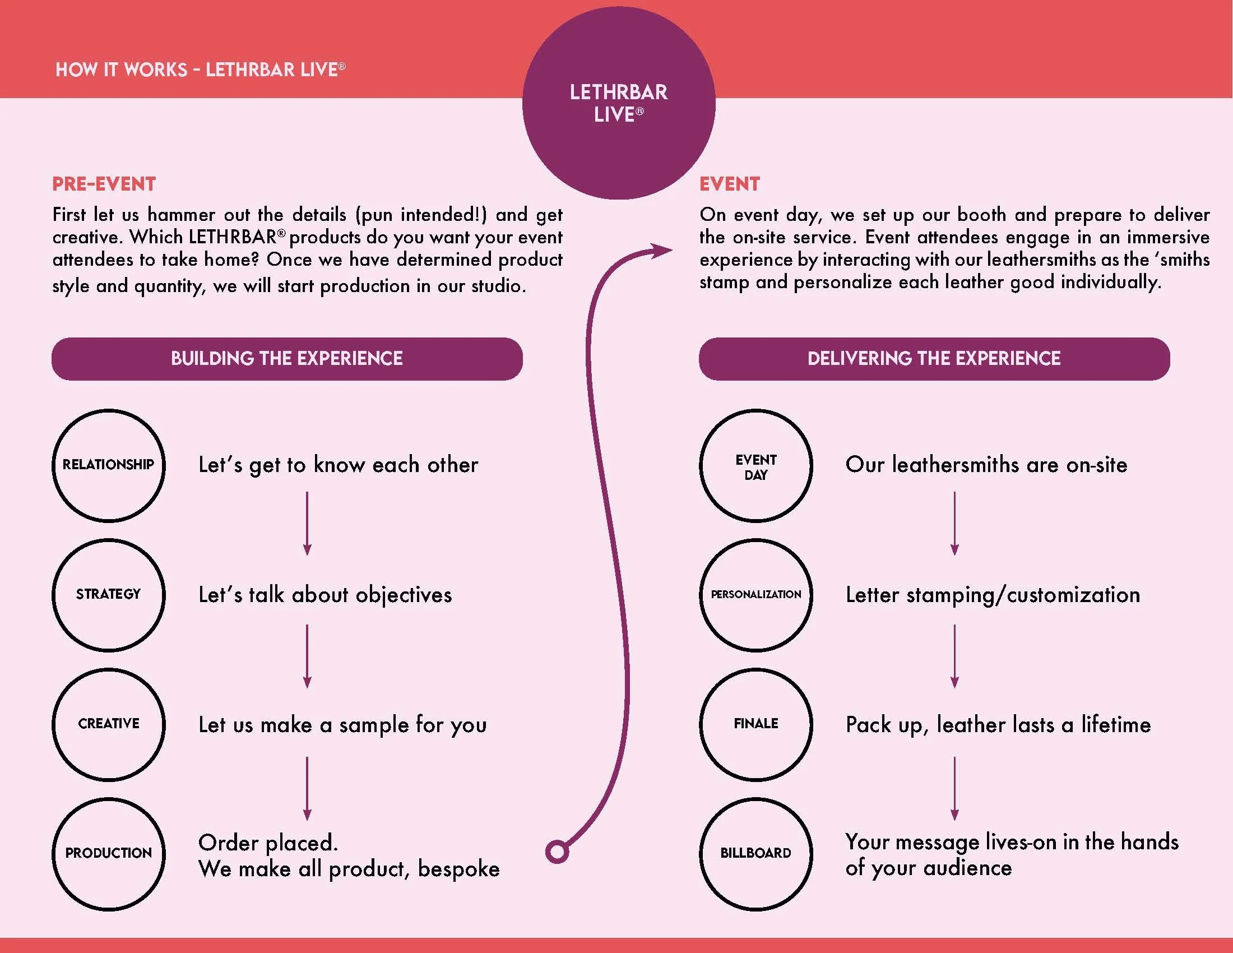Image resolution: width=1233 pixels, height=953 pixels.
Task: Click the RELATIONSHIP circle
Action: (108, 465)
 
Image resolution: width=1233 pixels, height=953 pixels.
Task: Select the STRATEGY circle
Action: (108, 595)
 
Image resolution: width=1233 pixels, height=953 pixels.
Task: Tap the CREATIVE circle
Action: (108, 724)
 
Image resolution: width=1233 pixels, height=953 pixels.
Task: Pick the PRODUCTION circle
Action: (108, 854)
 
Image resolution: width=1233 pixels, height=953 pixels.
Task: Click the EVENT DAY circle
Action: (756, 466)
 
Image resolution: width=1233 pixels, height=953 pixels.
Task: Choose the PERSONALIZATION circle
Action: (756, 595)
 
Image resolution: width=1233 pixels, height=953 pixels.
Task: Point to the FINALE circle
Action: (756, 724)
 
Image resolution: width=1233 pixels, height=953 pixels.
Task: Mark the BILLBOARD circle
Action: (756, 854)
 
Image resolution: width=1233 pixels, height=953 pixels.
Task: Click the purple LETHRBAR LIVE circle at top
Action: (619, 103)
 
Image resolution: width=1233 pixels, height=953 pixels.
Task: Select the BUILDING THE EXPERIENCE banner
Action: (287, 359)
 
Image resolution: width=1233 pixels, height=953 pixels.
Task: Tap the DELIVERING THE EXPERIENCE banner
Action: (934, 359)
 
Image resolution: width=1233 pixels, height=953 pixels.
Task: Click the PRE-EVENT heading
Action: (104, 184)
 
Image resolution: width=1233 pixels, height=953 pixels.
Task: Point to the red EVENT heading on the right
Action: (729, 184)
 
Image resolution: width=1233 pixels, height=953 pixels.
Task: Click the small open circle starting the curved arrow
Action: (557, 852)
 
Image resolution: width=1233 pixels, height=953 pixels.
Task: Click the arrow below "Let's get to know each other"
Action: (307, 524)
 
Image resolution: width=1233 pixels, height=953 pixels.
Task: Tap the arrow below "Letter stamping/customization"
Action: (954, 656)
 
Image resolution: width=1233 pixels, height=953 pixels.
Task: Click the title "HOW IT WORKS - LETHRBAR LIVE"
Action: (200, 70)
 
